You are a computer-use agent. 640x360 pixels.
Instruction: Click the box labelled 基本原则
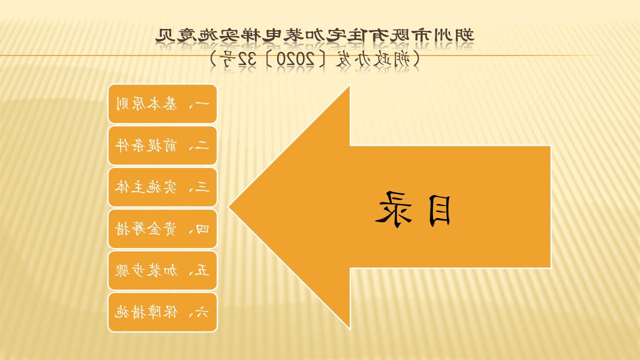(x=162, y=103)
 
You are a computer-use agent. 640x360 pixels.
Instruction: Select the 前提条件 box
(x=162, y=145)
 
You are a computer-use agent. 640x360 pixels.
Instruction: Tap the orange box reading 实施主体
(x=162, y=187)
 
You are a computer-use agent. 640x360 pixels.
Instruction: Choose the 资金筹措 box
(x=162, y=229)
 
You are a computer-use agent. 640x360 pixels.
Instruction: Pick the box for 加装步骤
(x=162, y=270)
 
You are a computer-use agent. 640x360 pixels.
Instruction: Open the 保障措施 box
(x=162, y=312)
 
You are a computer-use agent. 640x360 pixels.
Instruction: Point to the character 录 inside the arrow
(x=393, y=209)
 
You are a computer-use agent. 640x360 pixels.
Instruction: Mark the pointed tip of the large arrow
(x=229, y=207)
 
